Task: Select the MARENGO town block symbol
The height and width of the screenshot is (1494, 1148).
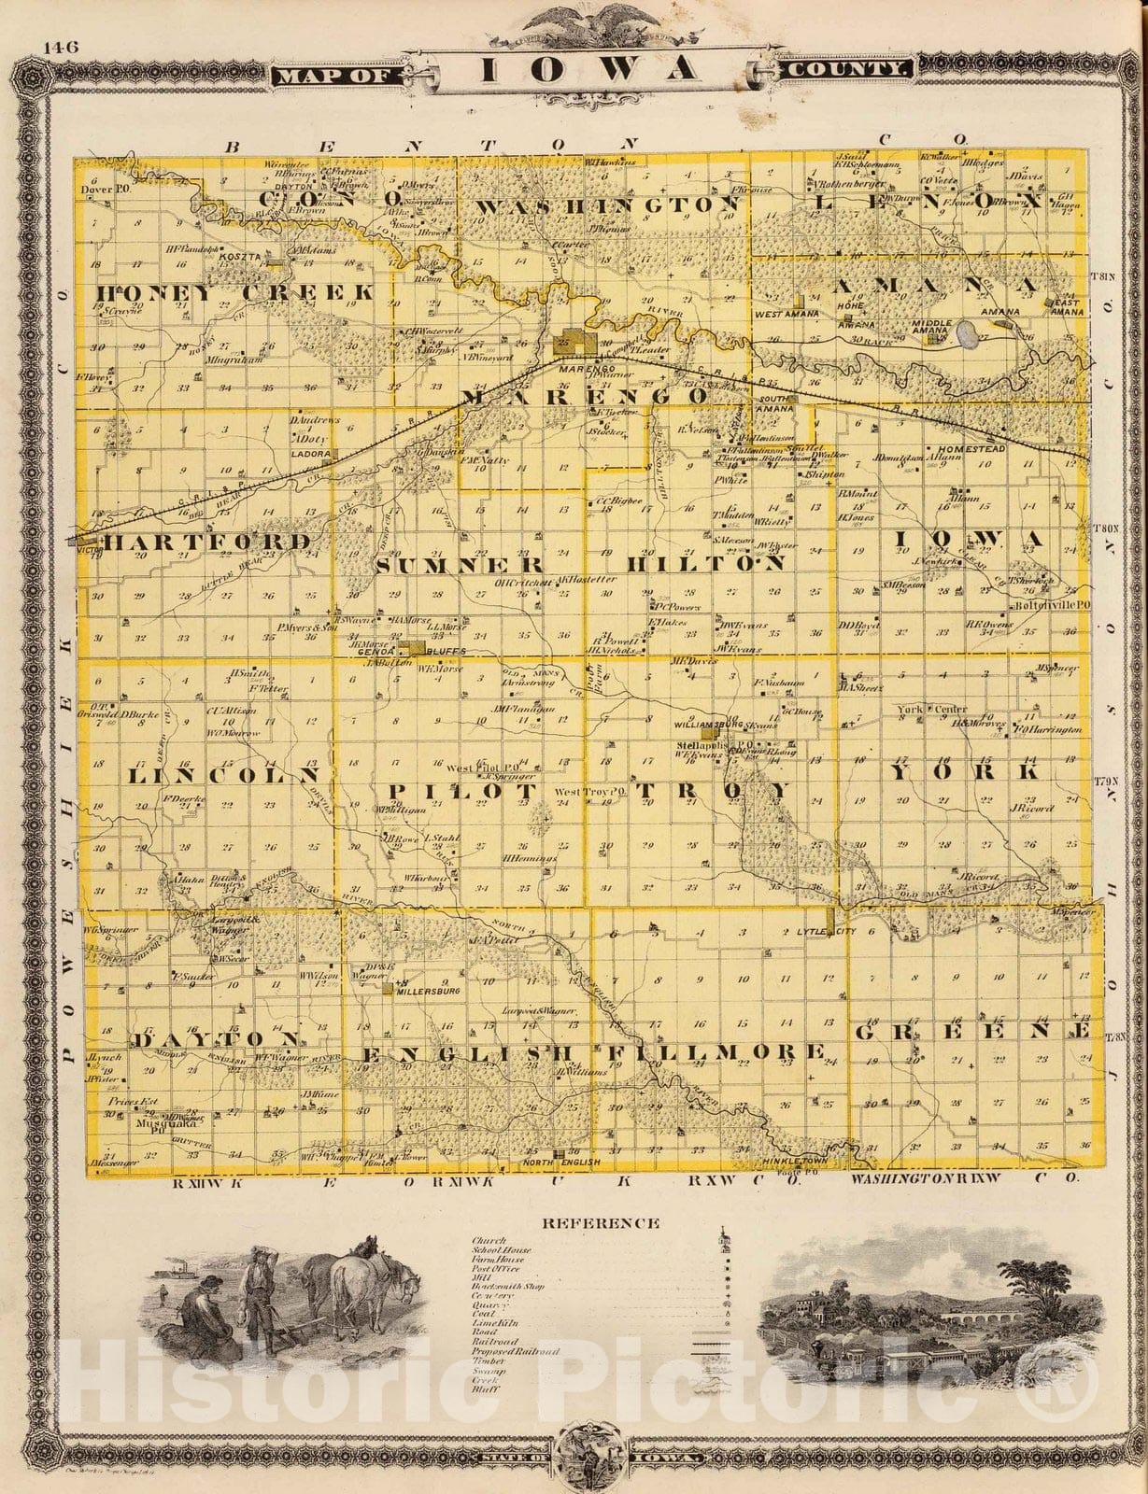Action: (575, 343)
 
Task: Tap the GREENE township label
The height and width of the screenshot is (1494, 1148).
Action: (971, 1031)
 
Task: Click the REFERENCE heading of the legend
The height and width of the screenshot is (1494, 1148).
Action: (602, 1223)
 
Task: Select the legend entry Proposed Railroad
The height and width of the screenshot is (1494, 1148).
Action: (515, 1351)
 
